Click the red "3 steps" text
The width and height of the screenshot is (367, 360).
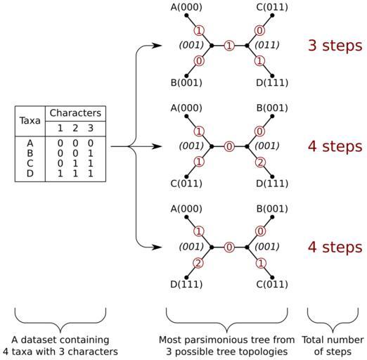(x=335, y=45)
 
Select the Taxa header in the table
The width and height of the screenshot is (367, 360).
(x=30, y=120)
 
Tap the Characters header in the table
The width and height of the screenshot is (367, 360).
(x=75, y=113)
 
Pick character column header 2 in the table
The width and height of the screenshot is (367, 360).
(x=75, y=128)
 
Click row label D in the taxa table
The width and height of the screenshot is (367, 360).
(x=30, y=174)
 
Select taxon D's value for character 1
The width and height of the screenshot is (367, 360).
(x=60, y=174)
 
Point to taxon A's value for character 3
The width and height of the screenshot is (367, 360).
(x=91, y=143)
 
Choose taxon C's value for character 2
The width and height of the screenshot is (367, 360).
(x=75, y=163)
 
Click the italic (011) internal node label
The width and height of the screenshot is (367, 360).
(x=267, y=45)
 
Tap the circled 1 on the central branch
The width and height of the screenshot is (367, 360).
(x=229, y=46)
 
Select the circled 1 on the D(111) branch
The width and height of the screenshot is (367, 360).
(x=259, y=61)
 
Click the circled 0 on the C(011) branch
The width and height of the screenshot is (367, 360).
(x=259, y=31)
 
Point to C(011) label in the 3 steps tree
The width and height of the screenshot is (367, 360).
(x=272, y=7)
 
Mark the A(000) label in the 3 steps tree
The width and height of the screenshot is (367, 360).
(x=186, y=7)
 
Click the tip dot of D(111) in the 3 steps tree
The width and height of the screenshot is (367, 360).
(x=272, y=76)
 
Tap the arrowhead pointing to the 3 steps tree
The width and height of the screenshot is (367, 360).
(x=156, y=45)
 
